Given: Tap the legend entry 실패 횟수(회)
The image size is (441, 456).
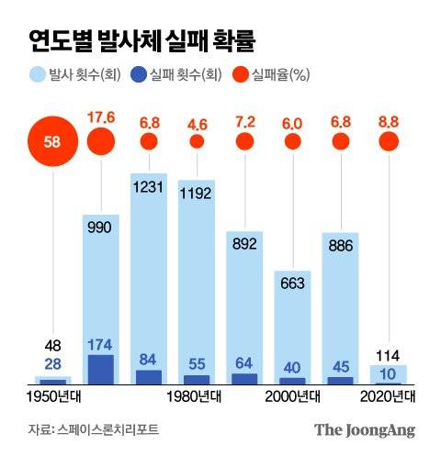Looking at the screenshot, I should coord(174,74).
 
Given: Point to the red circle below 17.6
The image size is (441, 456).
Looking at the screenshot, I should coord(100,141).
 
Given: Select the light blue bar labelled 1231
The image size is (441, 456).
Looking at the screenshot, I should coord(149,275).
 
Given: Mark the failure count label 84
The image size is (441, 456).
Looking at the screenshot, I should coord(149,359).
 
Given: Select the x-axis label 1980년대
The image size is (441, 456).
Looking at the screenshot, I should coord(196,396).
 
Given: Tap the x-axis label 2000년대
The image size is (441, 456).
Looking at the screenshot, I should coord(292,396).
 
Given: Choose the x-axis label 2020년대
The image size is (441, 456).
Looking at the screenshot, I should coord(389,396).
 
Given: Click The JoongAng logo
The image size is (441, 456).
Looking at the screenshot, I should coord(365,429).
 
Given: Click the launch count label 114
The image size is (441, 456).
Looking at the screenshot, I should coord(389,354).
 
